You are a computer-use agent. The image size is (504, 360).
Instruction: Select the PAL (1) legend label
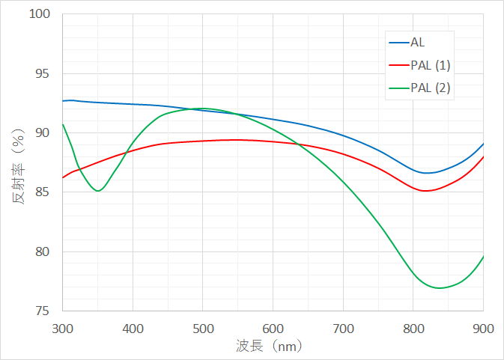(x=430, y=65)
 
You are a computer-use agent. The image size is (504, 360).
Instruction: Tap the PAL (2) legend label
(x=430, y=88)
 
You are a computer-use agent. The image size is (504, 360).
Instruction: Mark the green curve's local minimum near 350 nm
(x=97, y=190)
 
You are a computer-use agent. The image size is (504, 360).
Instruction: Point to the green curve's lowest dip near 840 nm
(x=440, y=287)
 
